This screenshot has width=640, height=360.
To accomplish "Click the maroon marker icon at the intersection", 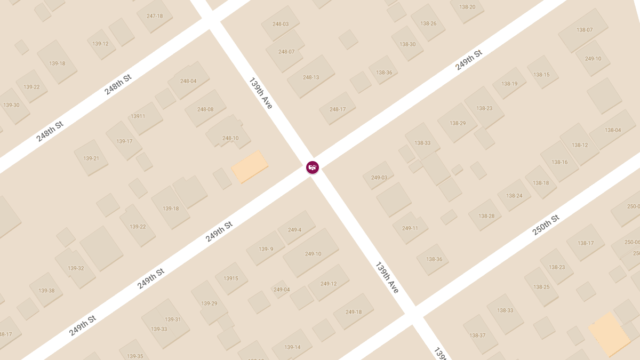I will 313,167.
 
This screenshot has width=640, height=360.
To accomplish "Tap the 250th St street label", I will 546,225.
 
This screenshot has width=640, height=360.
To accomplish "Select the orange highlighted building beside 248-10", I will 250,166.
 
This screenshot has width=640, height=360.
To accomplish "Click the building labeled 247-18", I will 154,16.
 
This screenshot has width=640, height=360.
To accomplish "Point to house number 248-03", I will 280,24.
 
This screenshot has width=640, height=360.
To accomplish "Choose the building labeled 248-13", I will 311,77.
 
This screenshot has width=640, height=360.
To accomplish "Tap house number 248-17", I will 338,109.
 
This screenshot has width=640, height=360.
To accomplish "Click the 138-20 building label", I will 467,7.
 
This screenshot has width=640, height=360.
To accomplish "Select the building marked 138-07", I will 585,30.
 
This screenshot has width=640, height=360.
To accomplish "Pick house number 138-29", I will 458,123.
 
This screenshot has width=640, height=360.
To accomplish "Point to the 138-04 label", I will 613,130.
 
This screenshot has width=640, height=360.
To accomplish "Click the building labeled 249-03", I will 379,178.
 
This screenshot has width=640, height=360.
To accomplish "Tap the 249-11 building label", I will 410,228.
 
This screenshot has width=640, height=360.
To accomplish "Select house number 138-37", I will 477,335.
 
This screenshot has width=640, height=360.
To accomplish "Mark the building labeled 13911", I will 138,116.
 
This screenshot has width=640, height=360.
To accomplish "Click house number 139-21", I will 91,158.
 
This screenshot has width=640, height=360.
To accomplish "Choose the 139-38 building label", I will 46,291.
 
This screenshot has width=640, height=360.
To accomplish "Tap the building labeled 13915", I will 231,278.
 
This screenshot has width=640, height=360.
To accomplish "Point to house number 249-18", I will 354,312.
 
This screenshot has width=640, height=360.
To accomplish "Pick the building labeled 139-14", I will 292,347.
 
